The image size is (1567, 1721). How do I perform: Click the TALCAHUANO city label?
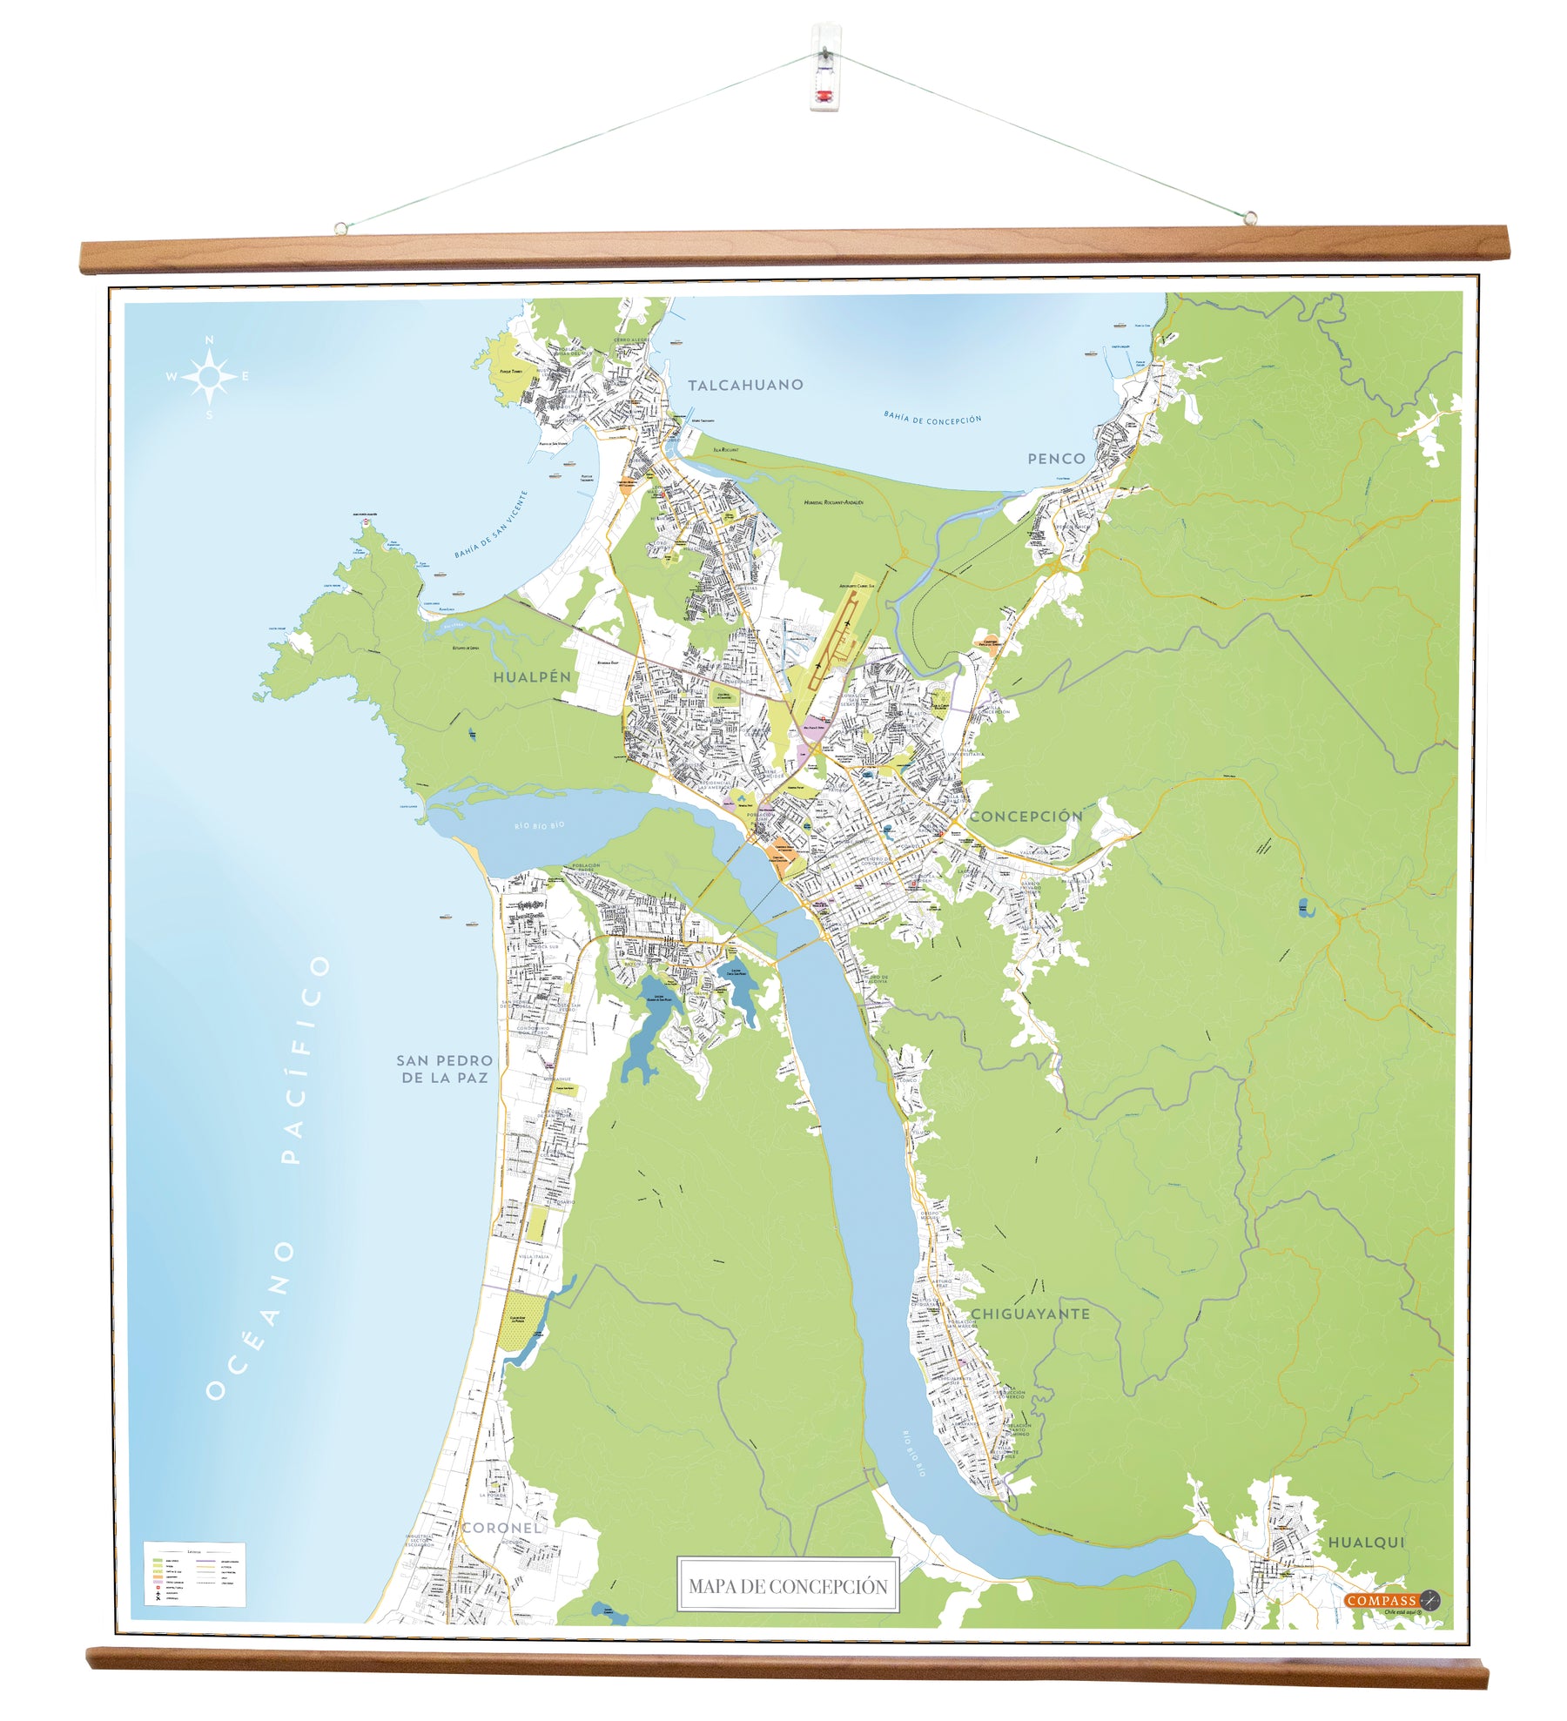click(745, 385)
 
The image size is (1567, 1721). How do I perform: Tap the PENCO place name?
click(1056, 459)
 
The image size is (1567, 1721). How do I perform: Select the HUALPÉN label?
click(532, 676)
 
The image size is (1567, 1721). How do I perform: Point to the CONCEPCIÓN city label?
click(1026, 816)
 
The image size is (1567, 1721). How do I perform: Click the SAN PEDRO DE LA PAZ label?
click(444, 1069)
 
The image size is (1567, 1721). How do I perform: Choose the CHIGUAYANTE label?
click(1030, 1314)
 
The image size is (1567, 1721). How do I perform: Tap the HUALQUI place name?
click(1366, 1542)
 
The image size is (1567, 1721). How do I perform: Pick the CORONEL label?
click(501, 1527)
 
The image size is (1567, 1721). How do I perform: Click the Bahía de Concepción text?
click(932, 419)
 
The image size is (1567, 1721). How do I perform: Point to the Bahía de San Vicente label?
click(491, 525)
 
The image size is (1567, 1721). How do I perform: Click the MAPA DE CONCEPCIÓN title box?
click(788, 1585)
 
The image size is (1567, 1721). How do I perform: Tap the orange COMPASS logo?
click(1382, 1600)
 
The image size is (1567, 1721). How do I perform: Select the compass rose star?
click(209, 377)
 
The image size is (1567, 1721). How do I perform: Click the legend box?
click(193, 1574)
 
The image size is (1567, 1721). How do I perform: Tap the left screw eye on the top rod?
click(341, 228)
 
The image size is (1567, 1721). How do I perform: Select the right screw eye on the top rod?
click(1250, 217)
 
